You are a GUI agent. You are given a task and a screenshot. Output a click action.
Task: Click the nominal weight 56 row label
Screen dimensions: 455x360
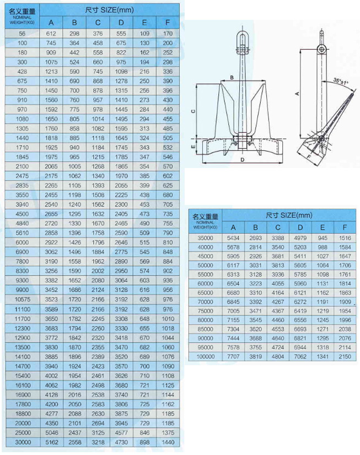click(23, 34)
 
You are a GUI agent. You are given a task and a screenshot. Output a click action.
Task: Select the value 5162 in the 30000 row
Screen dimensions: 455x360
click(51, 442)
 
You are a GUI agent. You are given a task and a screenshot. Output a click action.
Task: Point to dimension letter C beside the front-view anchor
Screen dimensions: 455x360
click(193, 111)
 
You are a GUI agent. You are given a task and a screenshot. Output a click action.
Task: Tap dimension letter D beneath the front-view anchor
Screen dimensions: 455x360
click(243, 160)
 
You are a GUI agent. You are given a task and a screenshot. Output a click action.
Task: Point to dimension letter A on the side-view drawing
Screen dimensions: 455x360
click(298, 94)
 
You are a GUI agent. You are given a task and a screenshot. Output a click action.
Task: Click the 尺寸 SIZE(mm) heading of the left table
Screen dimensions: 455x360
click(110, 10)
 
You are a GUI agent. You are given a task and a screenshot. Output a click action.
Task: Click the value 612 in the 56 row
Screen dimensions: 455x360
click(51, 34)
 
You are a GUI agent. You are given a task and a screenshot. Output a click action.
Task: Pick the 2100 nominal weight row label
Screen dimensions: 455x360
click(23, 165)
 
